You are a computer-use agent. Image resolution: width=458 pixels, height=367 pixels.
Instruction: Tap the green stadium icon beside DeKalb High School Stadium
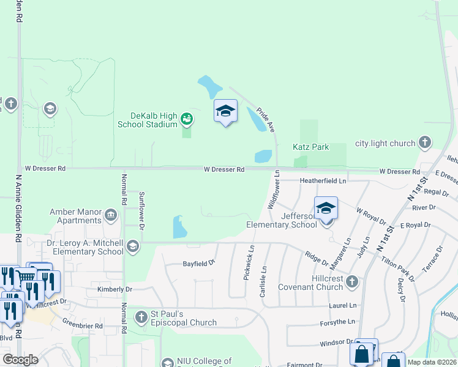click(187, 118)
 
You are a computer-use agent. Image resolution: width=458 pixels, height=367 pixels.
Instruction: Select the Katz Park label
click(311, 147)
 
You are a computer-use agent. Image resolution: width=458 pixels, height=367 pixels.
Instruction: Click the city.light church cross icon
click(424, 143)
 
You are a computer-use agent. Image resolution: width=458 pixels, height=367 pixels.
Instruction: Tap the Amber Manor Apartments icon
click(111, 215)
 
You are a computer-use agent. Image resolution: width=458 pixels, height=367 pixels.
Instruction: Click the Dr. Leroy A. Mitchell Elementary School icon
click(133, 247)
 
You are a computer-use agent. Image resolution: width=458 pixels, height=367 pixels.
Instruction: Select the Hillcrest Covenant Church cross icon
click(351, 281)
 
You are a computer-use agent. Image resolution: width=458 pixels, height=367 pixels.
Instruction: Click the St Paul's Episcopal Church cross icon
click(141, 317)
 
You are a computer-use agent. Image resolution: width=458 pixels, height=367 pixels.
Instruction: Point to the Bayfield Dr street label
click(200, 264)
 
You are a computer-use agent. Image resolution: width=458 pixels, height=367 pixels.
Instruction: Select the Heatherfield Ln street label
click(323, 180)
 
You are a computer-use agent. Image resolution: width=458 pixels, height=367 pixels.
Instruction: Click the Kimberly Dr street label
click(114, 289)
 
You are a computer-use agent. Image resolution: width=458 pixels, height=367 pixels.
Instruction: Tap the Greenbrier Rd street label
click(82, 326)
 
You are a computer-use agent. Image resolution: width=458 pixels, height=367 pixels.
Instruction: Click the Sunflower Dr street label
click(141, 210)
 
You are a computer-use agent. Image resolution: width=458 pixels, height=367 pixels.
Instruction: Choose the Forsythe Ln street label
click(337, 322)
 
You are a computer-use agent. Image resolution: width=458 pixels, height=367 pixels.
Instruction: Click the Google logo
click(20, 360)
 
